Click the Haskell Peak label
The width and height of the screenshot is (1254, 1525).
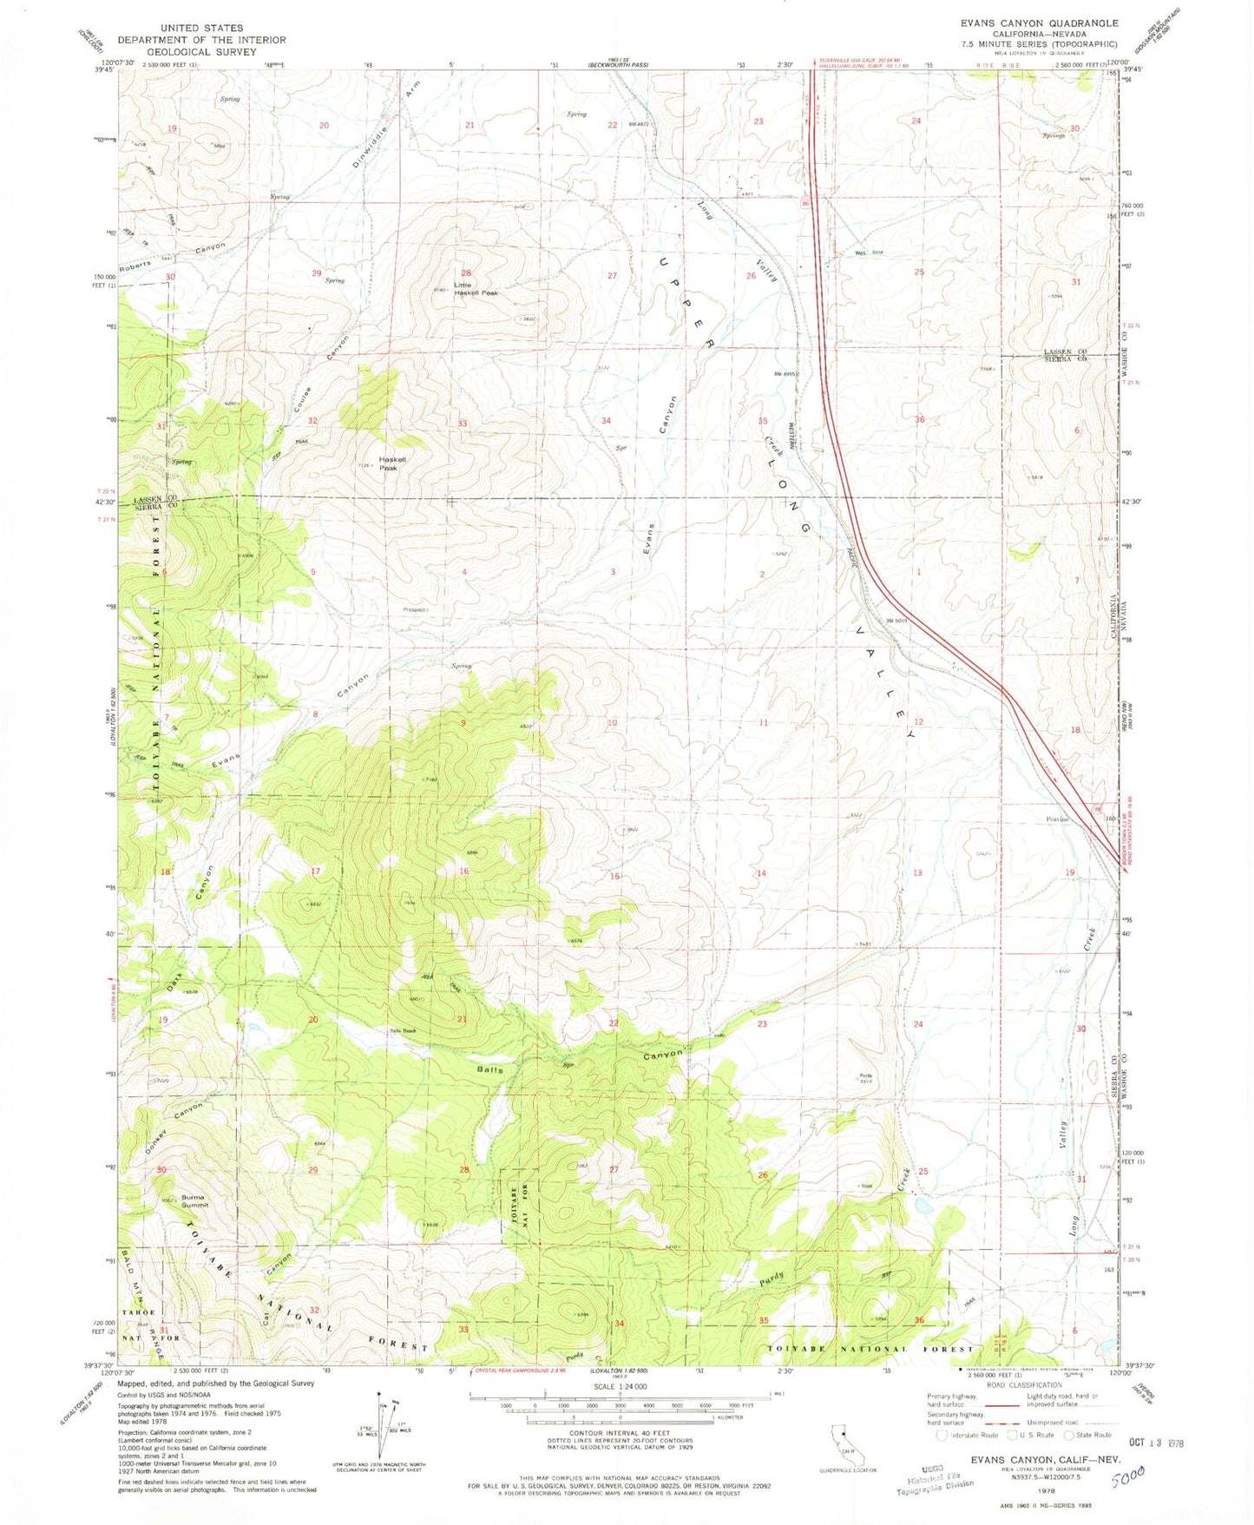point(387,463)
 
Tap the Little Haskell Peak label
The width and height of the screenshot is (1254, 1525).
point(476,289)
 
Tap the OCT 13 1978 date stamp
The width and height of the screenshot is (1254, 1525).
point(1156,1443)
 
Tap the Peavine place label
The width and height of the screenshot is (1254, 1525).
point(1057,818)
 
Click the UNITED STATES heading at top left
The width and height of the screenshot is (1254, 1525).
point(201,28)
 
